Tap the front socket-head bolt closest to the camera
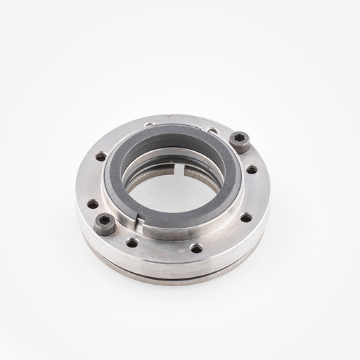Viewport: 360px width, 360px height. click(105, 224)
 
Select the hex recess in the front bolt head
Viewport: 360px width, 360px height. click(105, 222)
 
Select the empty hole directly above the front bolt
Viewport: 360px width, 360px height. click(93, 204)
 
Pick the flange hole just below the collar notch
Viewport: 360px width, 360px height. click(132, 243)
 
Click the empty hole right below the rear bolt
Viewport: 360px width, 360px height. click(251, 169)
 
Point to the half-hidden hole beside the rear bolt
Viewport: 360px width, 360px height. click(212, 131)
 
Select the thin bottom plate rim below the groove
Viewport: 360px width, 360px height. click(176, 279)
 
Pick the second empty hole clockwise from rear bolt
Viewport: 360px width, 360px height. click(246, 217)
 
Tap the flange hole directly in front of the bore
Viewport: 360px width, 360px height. click(196, 248)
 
